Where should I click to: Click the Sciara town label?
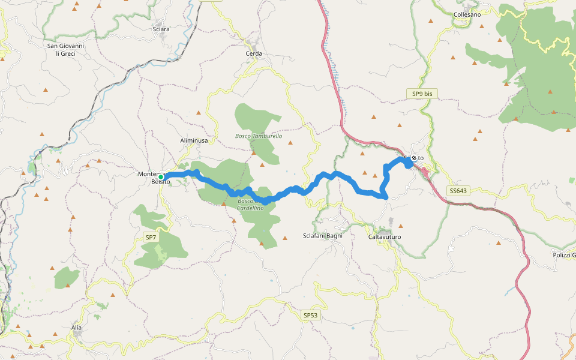pyautogui.click(x=161, y=29)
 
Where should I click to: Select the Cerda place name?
pyautogui.click(x=254, y=53)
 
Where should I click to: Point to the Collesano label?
pyautogui.click(x=467, y=14)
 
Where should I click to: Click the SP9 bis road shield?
pyautogui.click(x=422, y=94)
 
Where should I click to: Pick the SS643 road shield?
pyautogui.click(x=457, y=191)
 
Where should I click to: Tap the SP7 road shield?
pyautogui.click(x=151, y=238)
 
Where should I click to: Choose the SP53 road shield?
pyautogui.click(x=310, y=315)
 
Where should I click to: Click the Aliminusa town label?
pyautogui.click(x=194, y=140)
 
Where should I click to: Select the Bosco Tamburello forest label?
pyautogui.click(x=258, y=136)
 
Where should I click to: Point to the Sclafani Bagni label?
pyautogui.click(x=323, y=236)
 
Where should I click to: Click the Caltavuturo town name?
pyautogui.click(x=384, y=237)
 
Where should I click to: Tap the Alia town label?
pyautogui.click(x=76, y=328)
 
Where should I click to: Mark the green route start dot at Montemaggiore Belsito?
pyautogui.click(x=161, y=177)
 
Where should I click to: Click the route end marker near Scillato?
pyautogui.click(x=413, y=158)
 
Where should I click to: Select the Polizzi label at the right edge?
pyautogui.click(x=563, y=255)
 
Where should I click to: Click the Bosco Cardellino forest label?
pyautogui.click(x=250, y=204)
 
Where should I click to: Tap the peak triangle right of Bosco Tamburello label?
pyautogui.click(x=290, y=143)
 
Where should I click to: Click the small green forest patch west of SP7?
pyautogui.click(x=66, y=278)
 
